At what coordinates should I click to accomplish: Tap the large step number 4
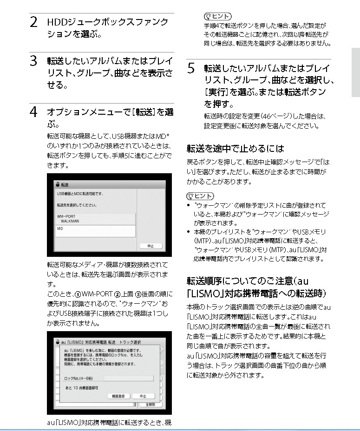click(x=33, y=113)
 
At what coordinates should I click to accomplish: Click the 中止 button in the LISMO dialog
click(x=143, y=396)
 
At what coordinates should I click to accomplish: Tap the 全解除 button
click(x=151, y=405)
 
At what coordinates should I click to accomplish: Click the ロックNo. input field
click(x=128, y=379)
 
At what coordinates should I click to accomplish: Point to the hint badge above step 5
click(x=216, y=17)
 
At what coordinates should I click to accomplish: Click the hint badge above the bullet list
click(x=200, y=196)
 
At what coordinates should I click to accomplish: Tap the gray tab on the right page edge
click(x=355, y=72)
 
